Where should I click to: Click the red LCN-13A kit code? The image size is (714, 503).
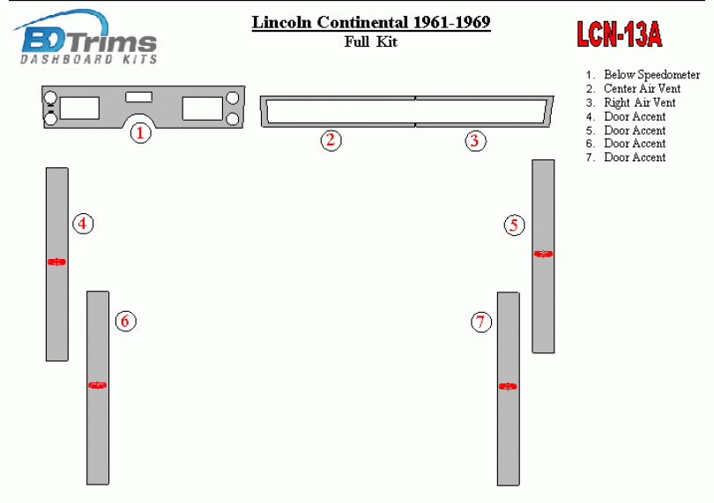[620, 34]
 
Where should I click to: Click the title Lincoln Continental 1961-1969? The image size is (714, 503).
[371, 22]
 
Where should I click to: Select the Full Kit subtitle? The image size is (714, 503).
[371, 42]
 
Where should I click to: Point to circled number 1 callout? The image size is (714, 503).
[140, 133]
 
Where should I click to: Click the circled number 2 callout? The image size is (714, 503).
[331, 140]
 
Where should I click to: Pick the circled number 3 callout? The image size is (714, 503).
[475, 141]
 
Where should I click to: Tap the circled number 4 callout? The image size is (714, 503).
[83, 224]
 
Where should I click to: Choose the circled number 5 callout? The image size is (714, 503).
[514, 226]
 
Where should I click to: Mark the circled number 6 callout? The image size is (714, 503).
[125, 321]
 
